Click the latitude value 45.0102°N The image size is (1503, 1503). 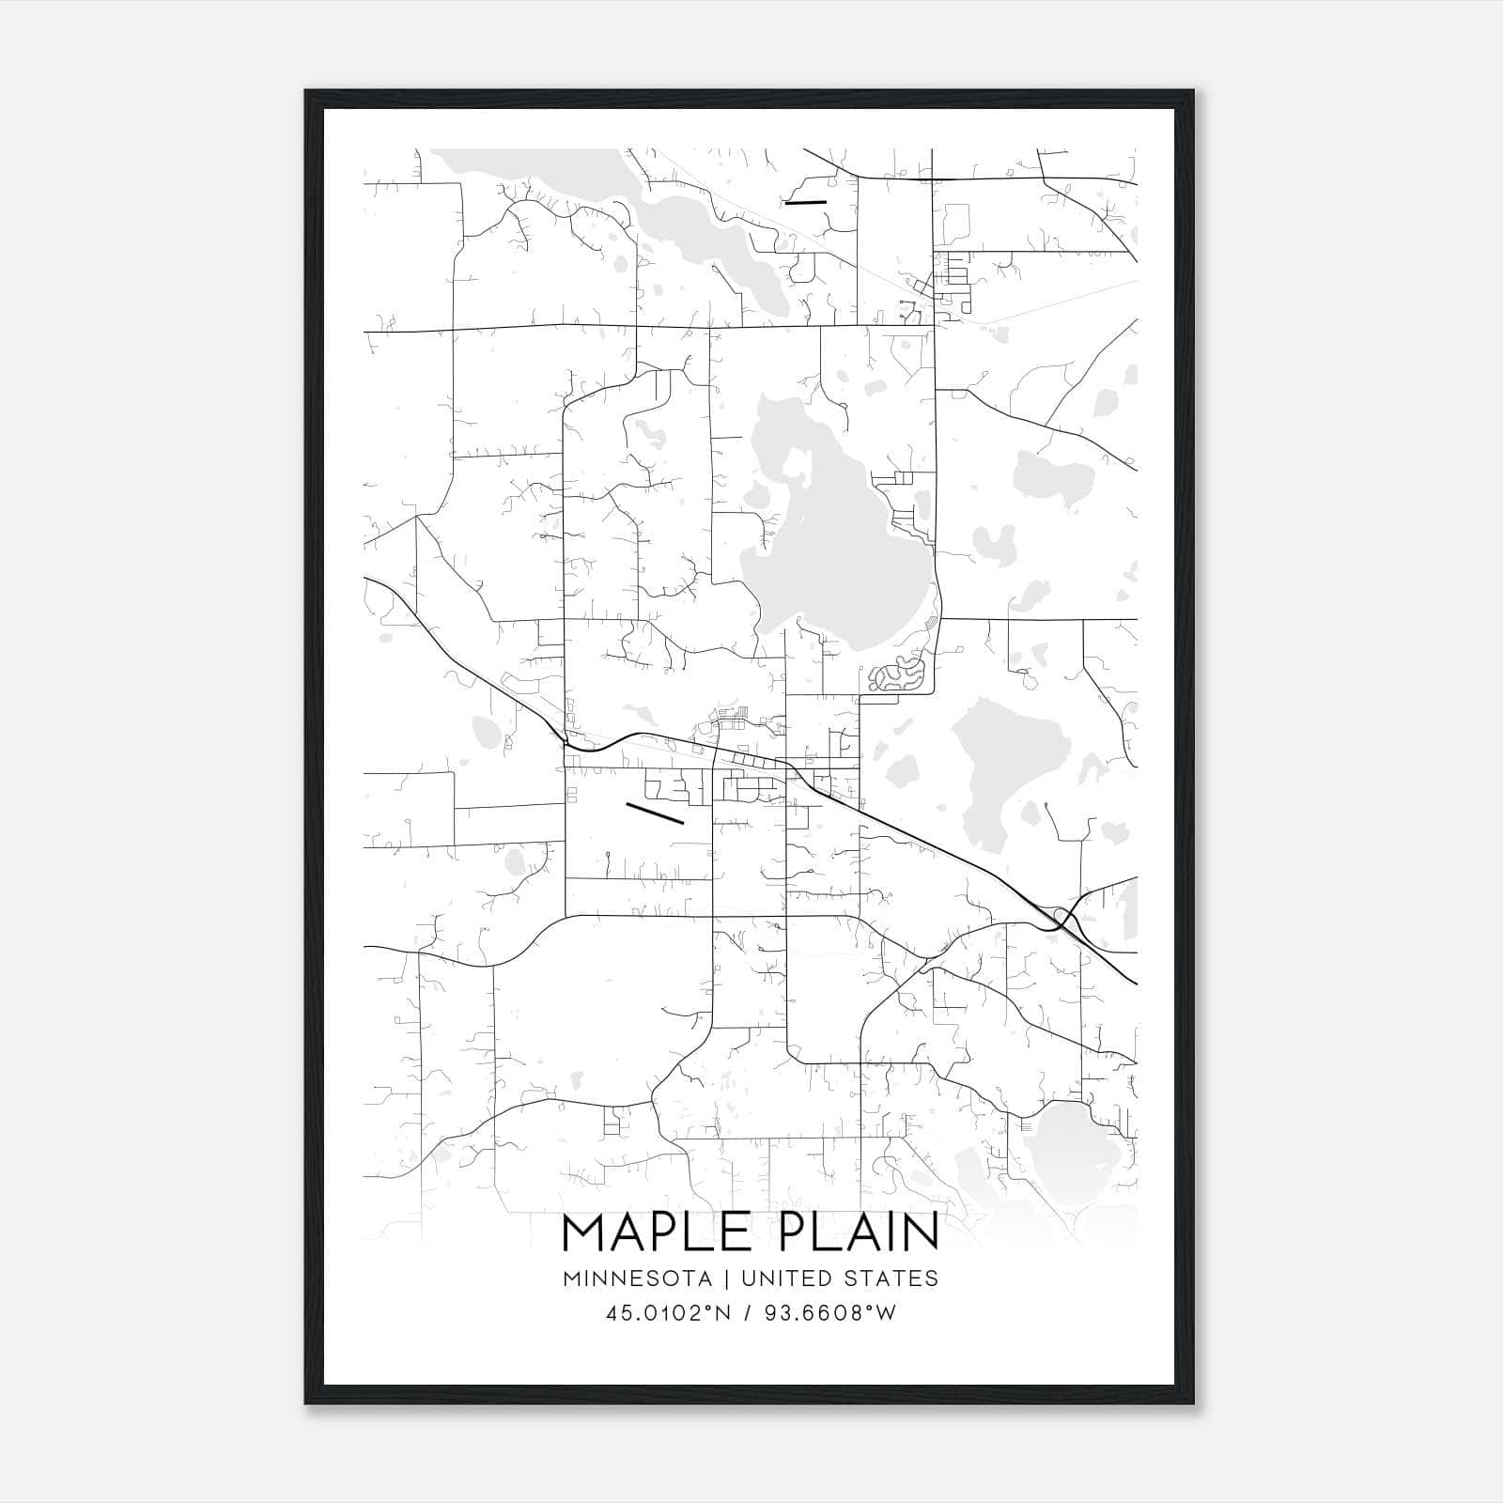pyautogui.click(x=669, y=1313)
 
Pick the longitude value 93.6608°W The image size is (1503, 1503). pyautogui.click(x=829, y=1313)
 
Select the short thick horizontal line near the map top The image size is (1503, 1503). pyautogui.click(x=805, y=202)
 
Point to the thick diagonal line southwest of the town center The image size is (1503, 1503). pyautogui.click(x=655, y=813)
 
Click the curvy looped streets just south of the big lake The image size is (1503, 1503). pyautogui.click(x=897, y=674)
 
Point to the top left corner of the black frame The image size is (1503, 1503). pyautogui.click(x=306, y=91)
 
